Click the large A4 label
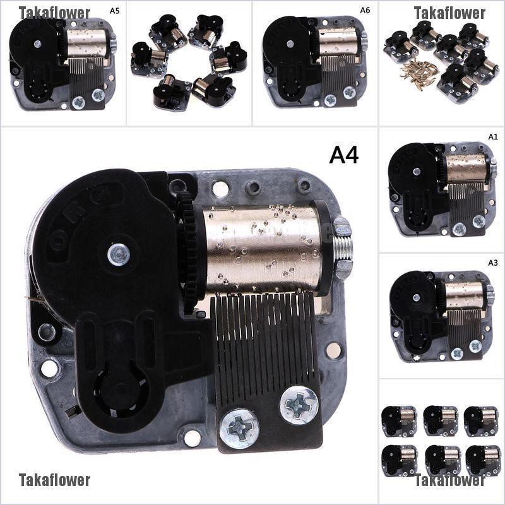[x=343, y=155]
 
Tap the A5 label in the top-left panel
[x=114, y=11]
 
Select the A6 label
[x=365, y=10]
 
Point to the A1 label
[x=493, y=137]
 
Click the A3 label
[x=493, y=263]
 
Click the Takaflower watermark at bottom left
[x=54, y=480]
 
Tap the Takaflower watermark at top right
[x=449, y=13]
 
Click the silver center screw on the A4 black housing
[x=119, y=254]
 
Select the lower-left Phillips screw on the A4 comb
[x=239, y=429]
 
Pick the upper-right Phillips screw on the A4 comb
[x=299, y=405]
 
